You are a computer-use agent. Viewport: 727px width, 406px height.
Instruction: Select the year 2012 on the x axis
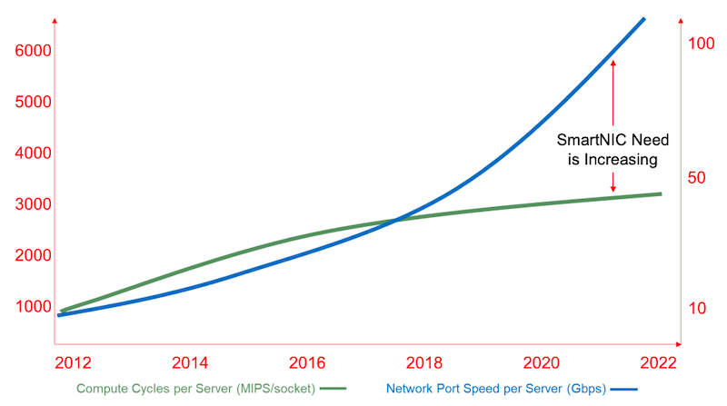74,364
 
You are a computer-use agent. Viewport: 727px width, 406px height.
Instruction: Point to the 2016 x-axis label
307,364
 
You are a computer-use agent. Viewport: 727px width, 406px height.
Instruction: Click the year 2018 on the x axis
423,364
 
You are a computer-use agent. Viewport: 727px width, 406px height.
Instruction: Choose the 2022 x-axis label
657,364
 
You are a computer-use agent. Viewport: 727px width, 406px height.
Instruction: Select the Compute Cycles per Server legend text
196,389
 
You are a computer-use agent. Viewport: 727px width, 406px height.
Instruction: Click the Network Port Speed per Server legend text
496,389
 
